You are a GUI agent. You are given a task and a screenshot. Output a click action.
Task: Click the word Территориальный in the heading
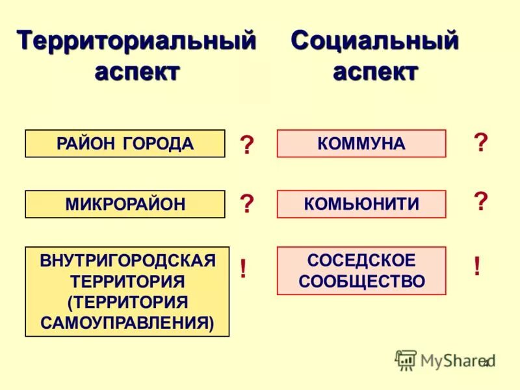[x=136, y=41]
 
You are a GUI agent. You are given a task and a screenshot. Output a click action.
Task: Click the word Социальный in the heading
[x=375, y=41]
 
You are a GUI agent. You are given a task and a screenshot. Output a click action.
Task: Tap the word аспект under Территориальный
[x=136, y=71]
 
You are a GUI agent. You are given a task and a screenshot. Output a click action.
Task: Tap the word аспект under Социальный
[x=375, y=71]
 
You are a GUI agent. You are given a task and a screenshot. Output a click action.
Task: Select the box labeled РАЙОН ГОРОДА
[x=125, y=144]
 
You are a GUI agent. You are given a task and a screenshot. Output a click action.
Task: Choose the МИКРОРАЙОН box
[x=125, y=204]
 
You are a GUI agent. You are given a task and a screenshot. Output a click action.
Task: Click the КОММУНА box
[x=361, y=144]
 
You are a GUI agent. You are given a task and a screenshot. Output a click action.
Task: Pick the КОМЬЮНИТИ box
[x=361, y=204]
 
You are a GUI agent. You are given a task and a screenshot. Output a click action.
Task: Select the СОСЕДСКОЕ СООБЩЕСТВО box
[x=361, y=271]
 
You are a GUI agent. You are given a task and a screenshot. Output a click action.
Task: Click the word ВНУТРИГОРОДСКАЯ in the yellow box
[x=127, y=261]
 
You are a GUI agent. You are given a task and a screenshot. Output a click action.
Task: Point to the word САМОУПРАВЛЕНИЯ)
[x=127, y=322]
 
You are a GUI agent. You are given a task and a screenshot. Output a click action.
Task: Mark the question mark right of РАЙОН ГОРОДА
[x=247, y=145]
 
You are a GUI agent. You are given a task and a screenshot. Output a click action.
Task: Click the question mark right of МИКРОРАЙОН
[x=247, y=204]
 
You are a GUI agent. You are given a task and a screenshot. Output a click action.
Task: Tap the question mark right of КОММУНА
[x=480, y=142]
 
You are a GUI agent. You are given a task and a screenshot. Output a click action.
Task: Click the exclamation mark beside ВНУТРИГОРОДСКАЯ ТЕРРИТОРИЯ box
[x=243, y=268]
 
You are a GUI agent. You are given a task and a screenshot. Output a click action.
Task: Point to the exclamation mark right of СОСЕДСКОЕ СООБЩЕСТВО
[x=477, y=266]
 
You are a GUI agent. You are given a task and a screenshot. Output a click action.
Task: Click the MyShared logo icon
[x=406, y=359]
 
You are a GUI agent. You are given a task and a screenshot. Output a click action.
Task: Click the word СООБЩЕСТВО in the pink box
[x=361, y=281]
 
